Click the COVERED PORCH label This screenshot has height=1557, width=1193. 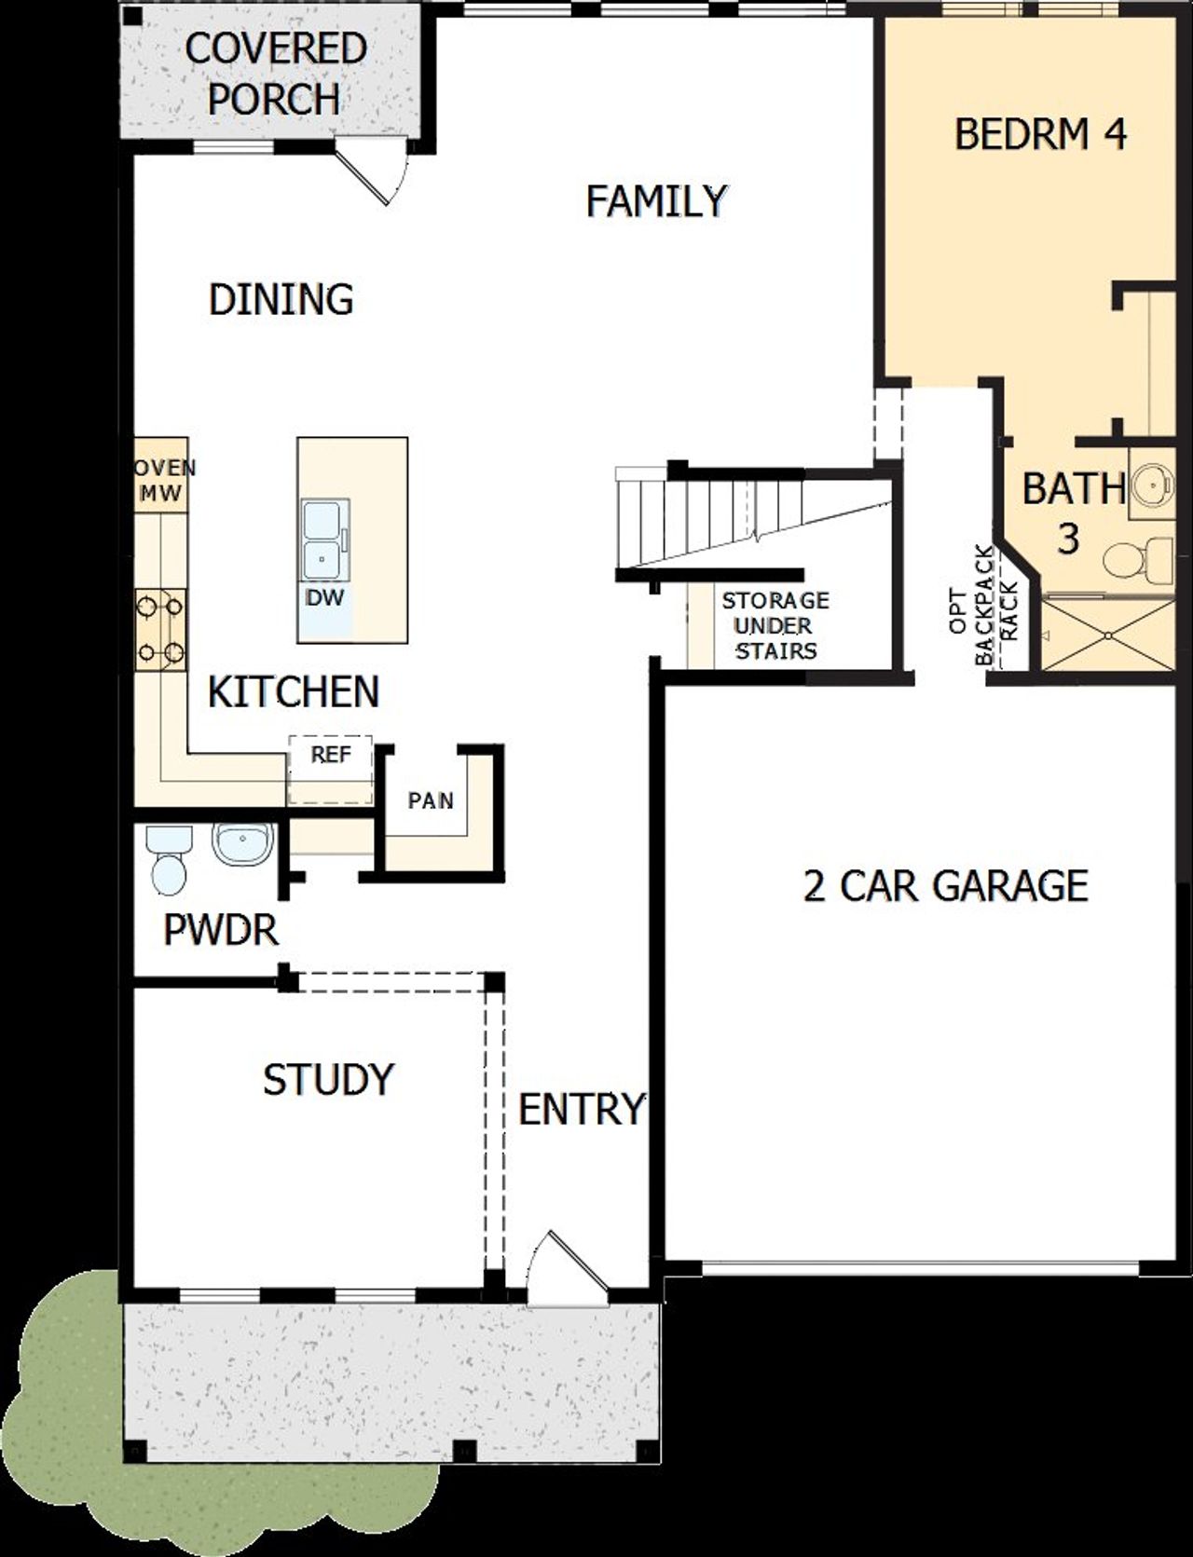pyautogui.click(x=275, y=74)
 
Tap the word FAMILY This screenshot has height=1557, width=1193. pyautogui.click(x=656, y=201)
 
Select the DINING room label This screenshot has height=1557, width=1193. pyautogui.click(x=281, y=299)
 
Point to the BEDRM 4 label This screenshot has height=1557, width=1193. pyautogui.click(x=1040, y=134)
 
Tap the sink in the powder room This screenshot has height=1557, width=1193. pyautogui.click(x=242, y=843)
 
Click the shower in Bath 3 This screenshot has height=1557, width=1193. pyautogui.click(x=1107, y=635)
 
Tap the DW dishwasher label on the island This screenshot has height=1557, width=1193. pyautogui.click(x=325, y=598)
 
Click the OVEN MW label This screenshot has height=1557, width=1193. pyautogui.click(x=162, y=481)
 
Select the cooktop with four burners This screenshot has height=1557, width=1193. pyautogui.click(x=160, y=630)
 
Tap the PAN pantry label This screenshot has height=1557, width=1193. pyautogui.click(x=431, y=800)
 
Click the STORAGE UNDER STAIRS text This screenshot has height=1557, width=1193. pyautogui.click(x=775, y=625)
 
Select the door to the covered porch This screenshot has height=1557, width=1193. pyautogui.click(x=373, y=170)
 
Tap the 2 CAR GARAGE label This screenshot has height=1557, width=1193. pyautogui.click(x=945, y=885)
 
